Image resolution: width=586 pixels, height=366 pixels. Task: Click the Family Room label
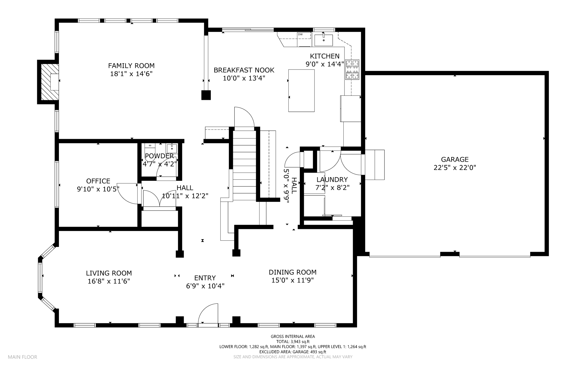(131, 66)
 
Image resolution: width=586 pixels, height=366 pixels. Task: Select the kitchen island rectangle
(301, 90)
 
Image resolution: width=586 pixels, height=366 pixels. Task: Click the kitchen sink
(324, 40)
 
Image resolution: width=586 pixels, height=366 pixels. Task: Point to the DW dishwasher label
(300, 35)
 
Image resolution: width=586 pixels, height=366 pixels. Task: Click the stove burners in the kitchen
(352, 70)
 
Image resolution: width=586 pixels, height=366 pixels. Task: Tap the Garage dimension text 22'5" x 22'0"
(455, 168)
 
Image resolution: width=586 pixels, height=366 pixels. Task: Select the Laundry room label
(332, 180)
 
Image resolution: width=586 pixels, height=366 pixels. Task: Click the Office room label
(98, 181)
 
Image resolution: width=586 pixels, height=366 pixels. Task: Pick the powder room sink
(172, 149)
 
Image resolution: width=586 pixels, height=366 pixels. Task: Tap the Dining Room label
(292, 272)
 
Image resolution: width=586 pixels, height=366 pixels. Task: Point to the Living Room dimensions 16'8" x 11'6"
(109, 281)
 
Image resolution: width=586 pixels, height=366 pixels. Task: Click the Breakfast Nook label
(244, 70)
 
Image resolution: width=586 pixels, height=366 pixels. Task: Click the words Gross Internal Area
(293, 337)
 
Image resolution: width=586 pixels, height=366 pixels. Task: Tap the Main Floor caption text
(22, 357)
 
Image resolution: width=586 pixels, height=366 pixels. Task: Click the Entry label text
(205, 278)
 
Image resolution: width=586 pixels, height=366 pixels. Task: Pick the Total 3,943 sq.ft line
(293, 342)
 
